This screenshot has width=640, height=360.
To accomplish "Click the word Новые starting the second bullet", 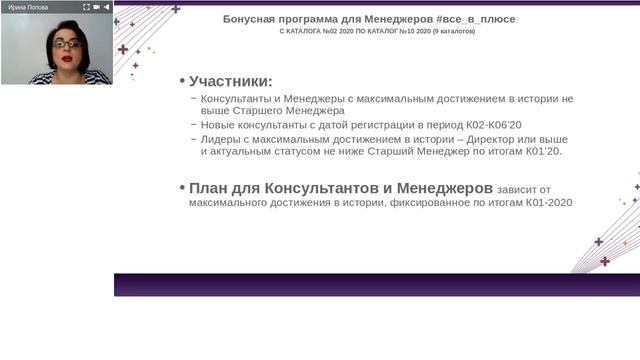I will (221, 125).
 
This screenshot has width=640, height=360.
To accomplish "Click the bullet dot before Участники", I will (182, 81).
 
